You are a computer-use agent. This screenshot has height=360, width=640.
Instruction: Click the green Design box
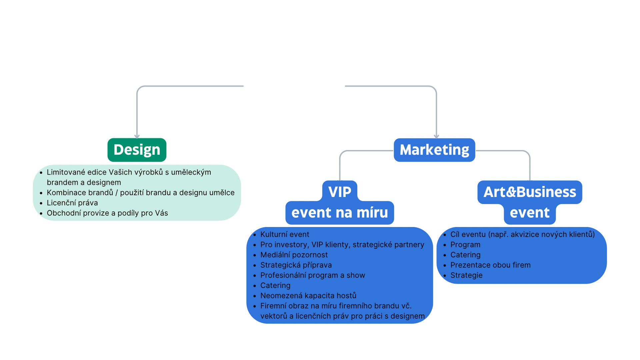point(137,150)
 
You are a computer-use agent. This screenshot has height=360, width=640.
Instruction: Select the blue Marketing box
point(434,150)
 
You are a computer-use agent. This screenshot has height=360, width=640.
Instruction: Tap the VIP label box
point(340,192)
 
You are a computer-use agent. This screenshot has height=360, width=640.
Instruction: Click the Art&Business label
point(530,192)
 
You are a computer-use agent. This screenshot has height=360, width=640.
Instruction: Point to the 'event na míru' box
point(340,213)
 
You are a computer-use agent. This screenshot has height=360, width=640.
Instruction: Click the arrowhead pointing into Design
point(137,136)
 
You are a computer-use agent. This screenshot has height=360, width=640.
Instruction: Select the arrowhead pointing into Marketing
point(436,136)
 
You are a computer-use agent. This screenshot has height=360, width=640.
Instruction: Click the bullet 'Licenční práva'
point(72,203)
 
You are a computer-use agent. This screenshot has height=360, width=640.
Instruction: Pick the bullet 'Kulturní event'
point(285,234)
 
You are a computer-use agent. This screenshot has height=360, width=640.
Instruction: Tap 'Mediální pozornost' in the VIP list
point(294,255)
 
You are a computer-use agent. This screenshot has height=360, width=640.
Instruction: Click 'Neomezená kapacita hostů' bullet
point(308,296)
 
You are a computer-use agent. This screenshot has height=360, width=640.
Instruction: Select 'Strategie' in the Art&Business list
point(466,275)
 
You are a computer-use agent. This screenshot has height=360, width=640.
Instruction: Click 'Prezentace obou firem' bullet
point(490,265)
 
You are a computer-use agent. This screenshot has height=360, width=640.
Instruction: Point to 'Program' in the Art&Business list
point(465,245)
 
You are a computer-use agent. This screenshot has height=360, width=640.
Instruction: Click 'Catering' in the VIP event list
point(275,285)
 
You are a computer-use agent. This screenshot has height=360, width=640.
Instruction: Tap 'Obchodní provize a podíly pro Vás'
point(107,213)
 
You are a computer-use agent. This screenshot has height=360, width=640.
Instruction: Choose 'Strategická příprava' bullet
point(296,265)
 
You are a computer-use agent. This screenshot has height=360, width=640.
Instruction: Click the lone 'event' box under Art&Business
point(530,213)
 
